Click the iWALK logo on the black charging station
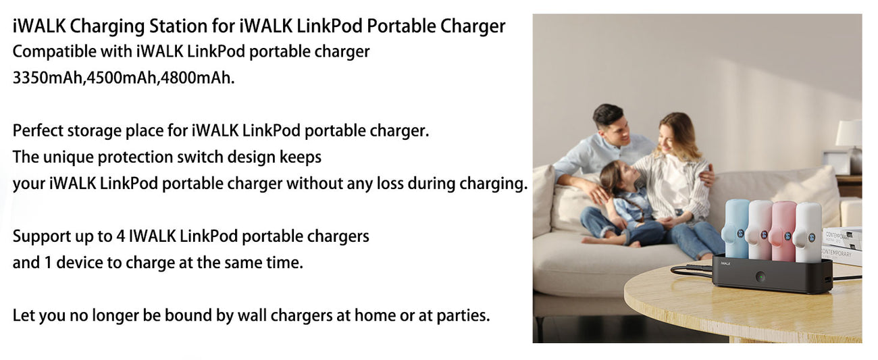(725, 263)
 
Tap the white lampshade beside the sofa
(849, 133)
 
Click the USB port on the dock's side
(827, 279)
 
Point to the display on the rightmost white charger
(811, 237)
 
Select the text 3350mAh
(48, 78)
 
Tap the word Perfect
(38, 130)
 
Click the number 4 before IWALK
(120, 236)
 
